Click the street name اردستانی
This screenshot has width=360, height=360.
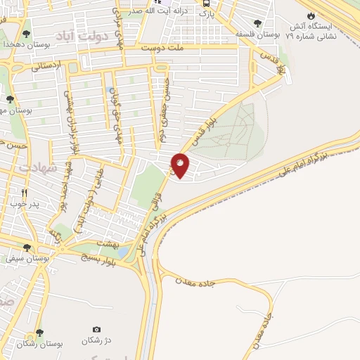[x=46, y=67]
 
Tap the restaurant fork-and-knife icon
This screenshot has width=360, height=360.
[x=25, y=193]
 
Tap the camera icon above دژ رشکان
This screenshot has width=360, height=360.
[x=96, y=329]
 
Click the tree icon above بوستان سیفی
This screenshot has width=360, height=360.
[x=27, y=247]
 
